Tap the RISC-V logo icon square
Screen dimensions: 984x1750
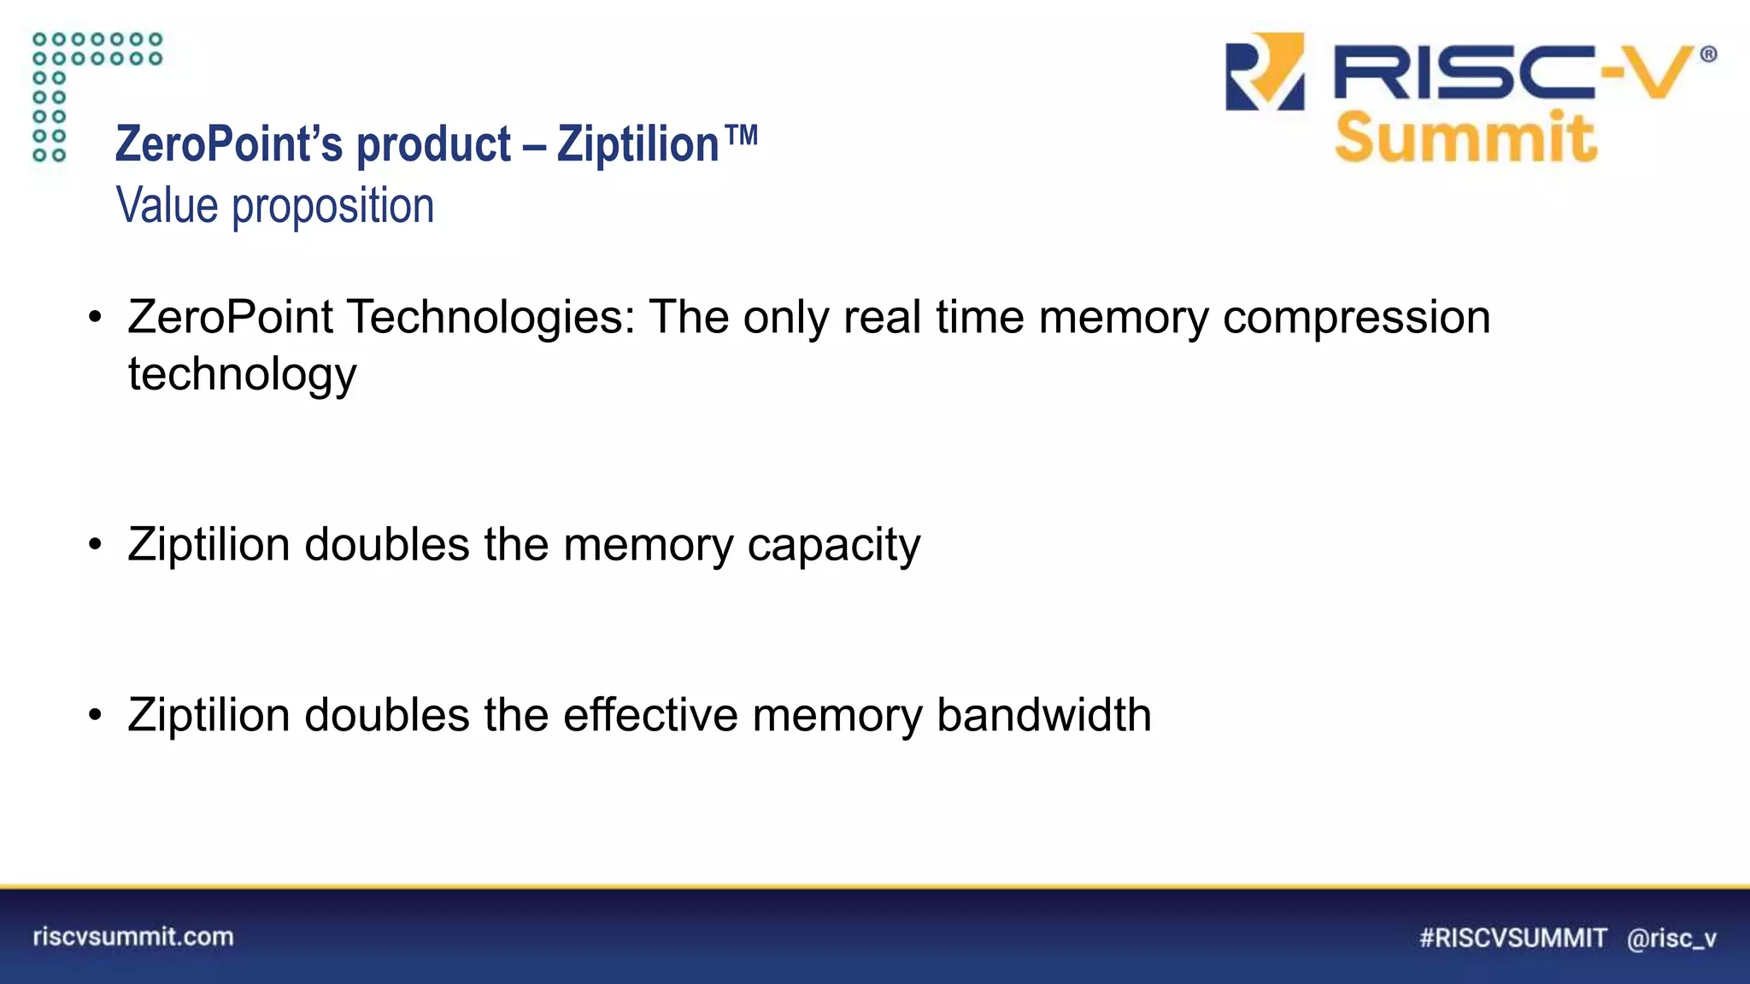click(x=1265, y=72)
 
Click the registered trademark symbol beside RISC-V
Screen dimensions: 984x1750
click(x=1708, y=55)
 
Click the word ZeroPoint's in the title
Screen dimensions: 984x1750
click(x=228, y=143)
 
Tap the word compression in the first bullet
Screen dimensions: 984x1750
click(x=1356, y=318)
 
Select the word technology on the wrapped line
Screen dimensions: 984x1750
click(x=242, y=375)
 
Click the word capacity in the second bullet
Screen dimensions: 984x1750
click(x=833, y=545)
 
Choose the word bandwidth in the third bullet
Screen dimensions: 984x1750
click(x=1043, y=715)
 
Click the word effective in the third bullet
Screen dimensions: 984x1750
click(x=649, y=715)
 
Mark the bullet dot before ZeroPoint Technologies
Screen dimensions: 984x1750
click(x=95, y=319)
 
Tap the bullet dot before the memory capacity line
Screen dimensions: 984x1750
click(x=95, y=545)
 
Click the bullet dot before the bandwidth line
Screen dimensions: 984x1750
click(x=95, y=715)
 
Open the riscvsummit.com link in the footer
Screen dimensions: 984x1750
click(x=133, y=936)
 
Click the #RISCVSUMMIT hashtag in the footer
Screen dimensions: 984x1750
click(x=1512, y=938)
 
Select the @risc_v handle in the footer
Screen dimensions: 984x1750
click(x=1671, y=938)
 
